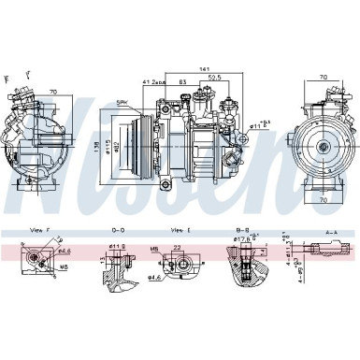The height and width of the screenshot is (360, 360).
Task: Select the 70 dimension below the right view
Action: [x=323, y=199]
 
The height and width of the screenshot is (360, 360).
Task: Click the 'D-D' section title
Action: [x=117, y=229]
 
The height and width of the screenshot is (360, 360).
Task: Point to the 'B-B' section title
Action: [x=244, y=229]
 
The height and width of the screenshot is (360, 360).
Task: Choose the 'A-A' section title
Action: [x=331, y=229]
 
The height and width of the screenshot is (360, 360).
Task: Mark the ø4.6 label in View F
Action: [x=65, y=251]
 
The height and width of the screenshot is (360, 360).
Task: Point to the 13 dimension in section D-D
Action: [x=100, y=256]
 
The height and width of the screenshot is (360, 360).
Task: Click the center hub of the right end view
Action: [x=323, y=146]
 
